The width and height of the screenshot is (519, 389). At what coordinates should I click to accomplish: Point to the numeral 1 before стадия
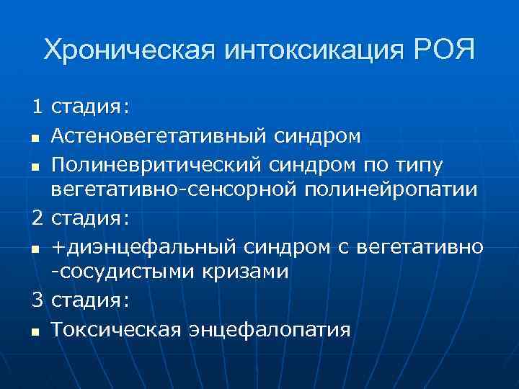(x=37, y=107)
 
